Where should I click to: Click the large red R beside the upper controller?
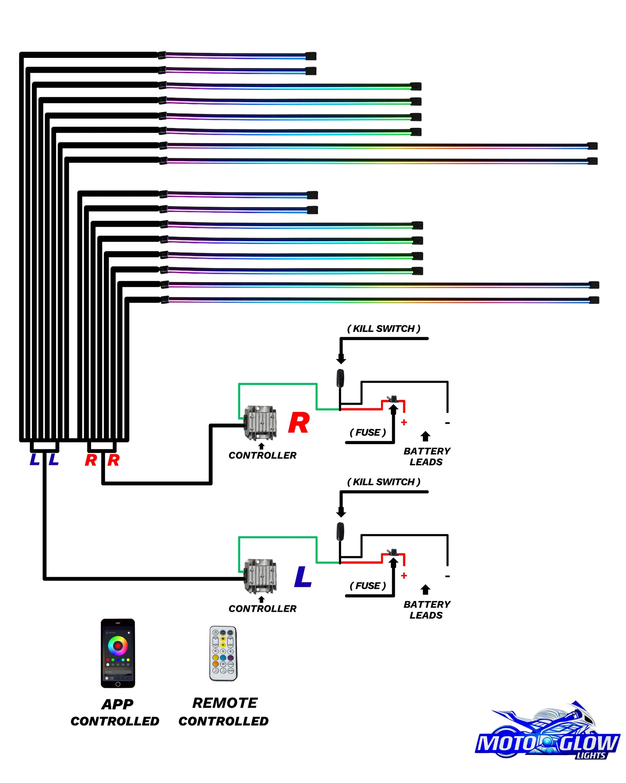(x=299, y=423)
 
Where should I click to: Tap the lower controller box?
(x=260, y=576)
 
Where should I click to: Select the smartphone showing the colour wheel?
(x=118, y=653)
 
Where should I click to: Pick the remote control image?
(x=223, y=653)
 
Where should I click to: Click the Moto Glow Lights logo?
(x=548, y=734)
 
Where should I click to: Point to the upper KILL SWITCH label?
(x=384, y=329)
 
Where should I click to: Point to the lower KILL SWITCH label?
(x=384, y=482)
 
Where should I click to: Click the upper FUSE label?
(x=367, y=433)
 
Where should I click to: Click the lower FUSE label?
(x=367, y=586)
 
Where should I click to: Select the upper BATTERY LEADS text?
(x=427, y=456)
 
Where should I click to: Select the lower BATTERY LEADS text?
(x=427, y=610)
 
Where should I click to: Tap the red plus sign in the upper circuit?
(x=404, y=422)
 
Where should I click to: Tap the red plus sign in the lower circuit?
(x=404, y=576)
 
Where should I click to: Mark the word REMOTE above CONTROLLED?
(x=225, y=703)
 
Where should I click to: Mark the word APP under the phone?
(x=117, y=704)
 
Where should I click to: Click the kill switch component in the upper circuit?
(x=340, y=378)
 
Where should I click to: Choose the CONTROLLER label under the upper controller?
(x=262, y=455)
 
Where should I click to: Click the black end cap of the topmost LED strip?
(x=311, y=56)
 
